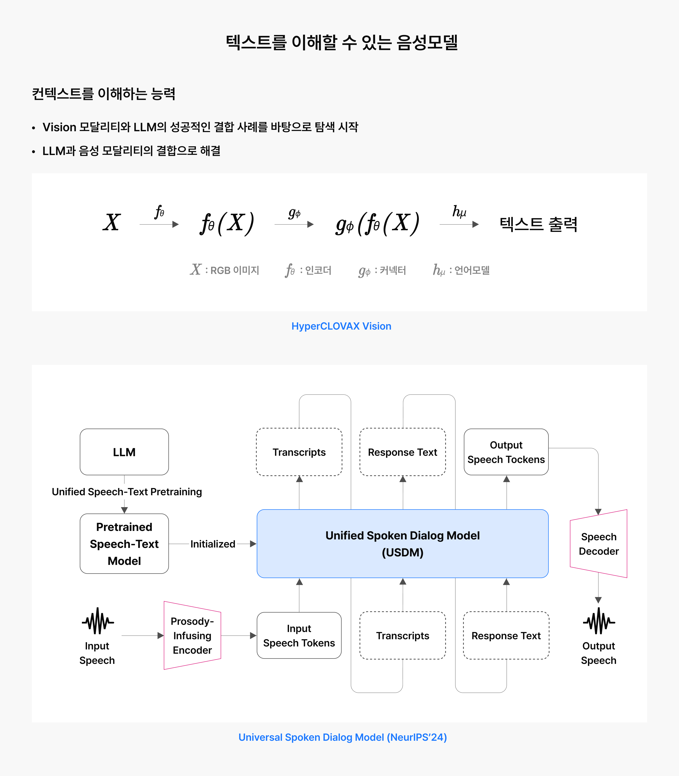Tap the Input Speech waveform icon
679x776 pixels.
tap(98, 621)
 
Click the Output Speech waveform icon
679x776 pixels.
tap(599, 621)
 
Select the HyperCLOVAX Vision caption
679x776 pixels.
tap(341, 326)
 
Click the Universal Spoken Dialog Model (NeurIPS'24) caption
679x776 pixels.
tap(342, 737)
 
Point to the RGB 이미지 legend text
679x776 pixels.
tap(234, 270)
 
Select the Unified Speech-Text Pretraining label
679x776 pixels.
tap(126, 492)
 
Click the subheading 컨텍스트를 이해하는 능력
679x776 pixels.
tap(104, 94)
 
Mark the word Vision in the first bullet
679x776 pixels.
tap(59, 127)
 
